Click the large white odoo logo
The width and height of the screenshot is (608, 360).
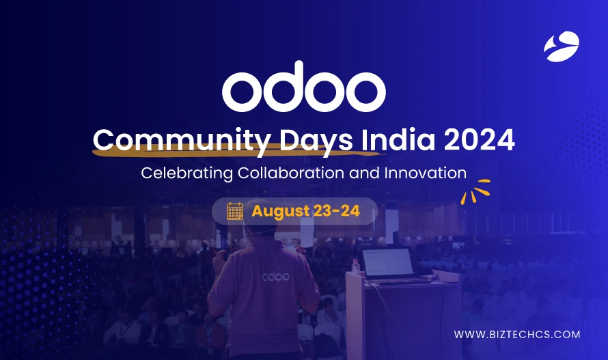304,90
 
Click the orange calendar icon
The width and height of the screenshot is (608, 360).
235,211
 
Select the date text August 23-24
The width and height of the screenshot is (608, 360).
305,211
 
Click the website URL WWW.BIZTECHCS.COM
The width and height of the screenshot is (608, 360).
517,335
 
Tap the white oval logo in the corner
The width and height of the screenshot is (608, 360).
561,47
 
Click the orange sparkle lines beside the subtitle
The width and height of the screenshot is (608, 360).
475,191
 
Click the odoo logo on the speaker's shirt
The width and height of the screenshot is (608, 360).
275,277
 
